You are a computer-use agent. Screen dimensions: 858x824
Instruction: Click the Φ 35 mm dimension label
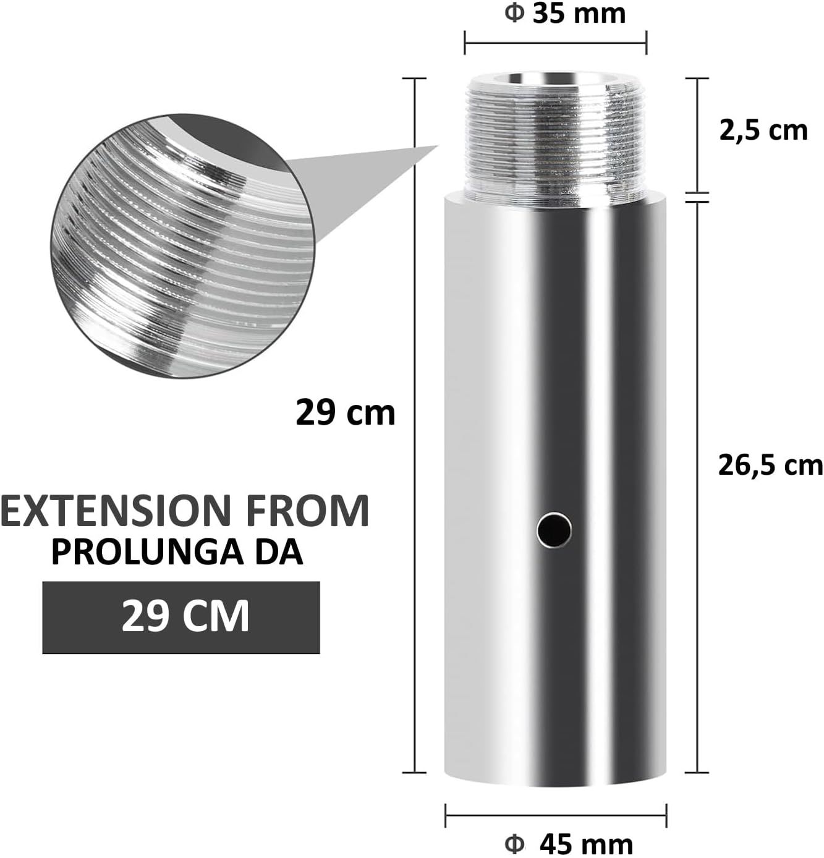565,14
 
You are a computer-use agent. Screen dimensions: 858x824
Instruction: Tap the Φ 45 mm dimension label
569,843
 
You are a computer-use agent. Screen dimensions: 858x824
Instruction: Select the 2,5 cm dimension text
763,130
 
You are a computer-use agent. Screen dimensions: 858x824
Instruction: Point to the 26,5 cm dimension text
770,465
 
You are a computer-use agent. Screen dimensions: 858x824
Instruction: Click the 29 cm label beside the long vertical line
345,412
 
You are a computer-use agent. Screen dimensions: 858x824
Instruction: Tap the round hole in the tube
554,530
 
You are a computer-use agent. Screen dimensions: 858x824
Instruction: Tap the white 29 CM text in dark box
185,616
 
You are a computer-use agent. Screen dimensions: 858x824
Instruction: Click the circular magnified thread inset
179,244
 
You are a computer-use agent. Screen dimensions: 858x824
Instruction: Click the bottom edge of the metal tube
555,785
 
